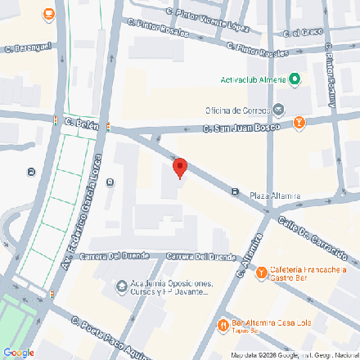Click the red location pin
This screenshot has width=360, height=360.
(180, 168)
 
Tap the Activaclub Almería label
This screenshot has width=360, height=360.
(253, 79)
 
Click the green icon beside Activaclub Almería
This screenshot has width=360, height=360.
(295, 79)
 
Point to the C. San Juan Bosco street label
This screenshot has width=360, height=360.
(238, 128)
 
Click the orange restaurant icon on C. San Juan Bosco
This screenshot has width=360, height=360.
(299, 124)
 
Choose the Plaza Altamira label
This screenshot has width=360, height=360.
(276, 196)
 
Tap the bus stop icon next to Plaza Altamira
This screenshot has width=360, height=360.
(235, 193)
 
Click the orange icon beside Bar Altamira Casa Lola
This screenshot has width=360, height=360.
(223, 325)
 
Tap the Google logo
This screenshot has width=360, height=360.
(18, 352)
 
